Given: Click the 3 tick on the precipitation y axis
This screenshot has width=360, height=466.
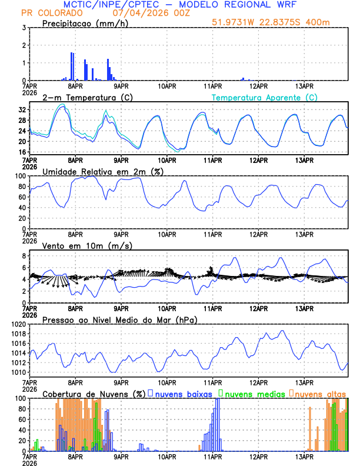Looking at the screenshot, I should [x=23, y=28].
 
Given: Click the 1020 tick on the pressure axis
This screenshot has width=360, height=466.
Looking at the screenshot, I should [x=17, y=324].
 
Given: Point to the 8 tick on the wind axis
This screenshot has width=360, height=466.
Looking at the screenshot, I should [x=23, y=256].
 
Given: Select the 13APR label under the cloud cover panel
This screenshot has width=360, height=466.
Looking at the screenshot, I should [x=305, y=455].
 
